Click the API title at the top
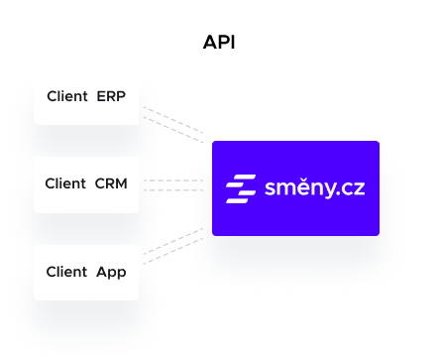(219, 42)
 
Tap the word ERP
(111, 96)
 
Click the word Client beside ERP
(67, 96)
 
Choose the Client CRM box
(86, 184)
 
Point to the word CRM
(111, 184)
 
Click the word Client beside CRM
(65, 184)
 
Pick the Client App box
(86, 272)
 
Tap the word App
(111, 272)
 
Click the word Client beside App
(66, 272)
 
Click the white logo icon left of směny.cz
(241, 188)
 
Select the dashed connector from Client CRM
(173, 184)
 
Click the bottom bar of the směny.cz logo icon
(238, 198)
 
